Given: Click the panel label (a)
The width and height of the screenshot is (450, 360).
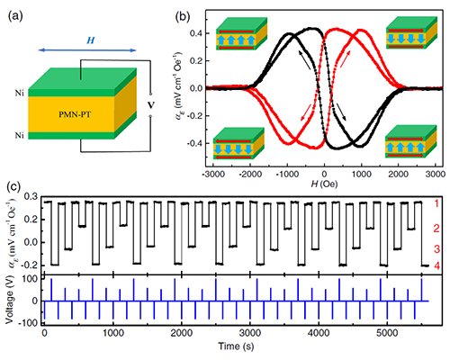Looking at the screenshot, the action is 15,16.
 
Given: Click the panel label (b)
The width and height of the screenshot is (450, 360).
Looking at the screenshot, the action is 183,16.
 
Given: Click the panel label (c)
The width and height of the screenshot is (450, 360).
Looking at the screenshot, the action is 13,186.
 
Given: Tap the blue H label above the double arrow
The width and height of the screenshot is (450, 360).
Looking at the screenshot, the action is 90,40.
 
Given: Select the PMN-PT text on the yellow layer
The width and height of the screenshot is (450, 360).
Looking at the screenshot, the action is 75,114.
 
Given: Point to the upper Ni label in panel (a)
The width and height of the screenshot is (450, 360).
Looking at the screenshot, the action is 20,93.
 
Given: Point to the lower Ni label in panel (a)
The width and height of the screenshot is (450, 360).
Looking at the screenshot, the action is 20,136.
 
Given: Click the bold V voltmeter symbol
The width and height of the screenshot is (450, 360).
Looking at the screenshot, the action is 151,105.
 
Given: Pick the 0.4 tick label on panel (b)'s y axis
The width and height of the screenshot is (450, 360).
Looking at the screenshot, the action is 195,33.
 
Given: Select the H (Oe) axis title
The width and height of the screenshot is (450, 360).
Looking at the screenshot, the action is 324,184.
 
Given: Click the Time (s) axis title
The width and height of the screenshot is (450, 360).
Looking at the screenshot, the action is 236,346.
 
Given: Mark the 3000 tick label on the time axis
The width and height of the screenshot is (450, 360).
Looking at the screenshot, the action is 250,334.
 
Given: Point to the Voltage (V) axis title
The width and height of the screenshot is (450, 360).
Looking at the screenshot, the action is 10,301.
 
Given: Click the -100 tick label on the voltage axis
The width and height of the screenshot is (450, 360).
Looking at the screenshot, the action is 27,323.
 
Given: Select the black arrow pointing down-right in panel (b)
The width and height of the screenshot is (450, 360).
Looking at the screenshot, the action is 341,112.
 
